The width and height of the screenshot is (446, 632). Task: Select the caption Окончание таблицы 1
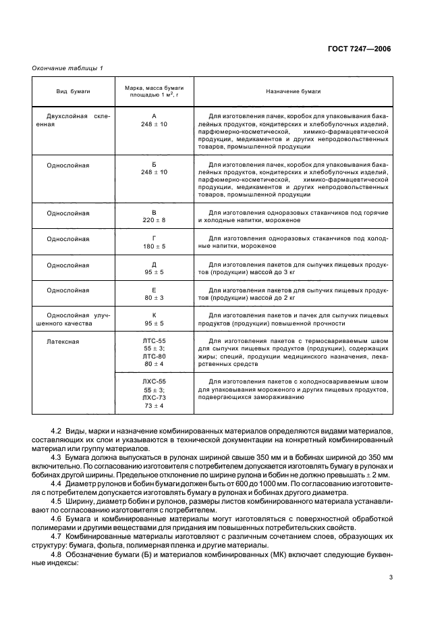tap(67, 68)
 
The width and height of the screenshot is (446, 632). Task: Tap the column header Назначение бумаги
tap(292, 90)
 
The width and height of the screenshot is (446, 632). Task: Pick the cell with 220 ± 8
tap(155, 220)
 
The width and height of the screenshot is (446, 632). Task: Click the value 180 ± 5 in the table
tap(155, 246)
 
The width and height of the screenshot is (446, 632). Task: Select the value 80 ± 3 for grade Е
tap(155, 298)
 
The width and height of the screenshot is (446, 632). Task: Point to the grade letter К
tap(155, 315)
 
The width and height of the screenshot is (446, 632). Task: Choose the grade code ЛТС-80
tap(155, 356)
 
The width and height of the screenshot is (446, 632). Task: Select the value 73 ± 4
tap(155, 405)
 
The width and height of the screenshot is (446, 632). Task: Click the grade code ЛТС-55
tap(155, 341)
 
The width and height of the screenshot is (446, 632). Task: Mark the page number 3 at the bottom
tap(391, 577)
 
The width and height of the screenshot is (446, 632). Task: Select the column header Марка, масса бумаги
tap(155, 87)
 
